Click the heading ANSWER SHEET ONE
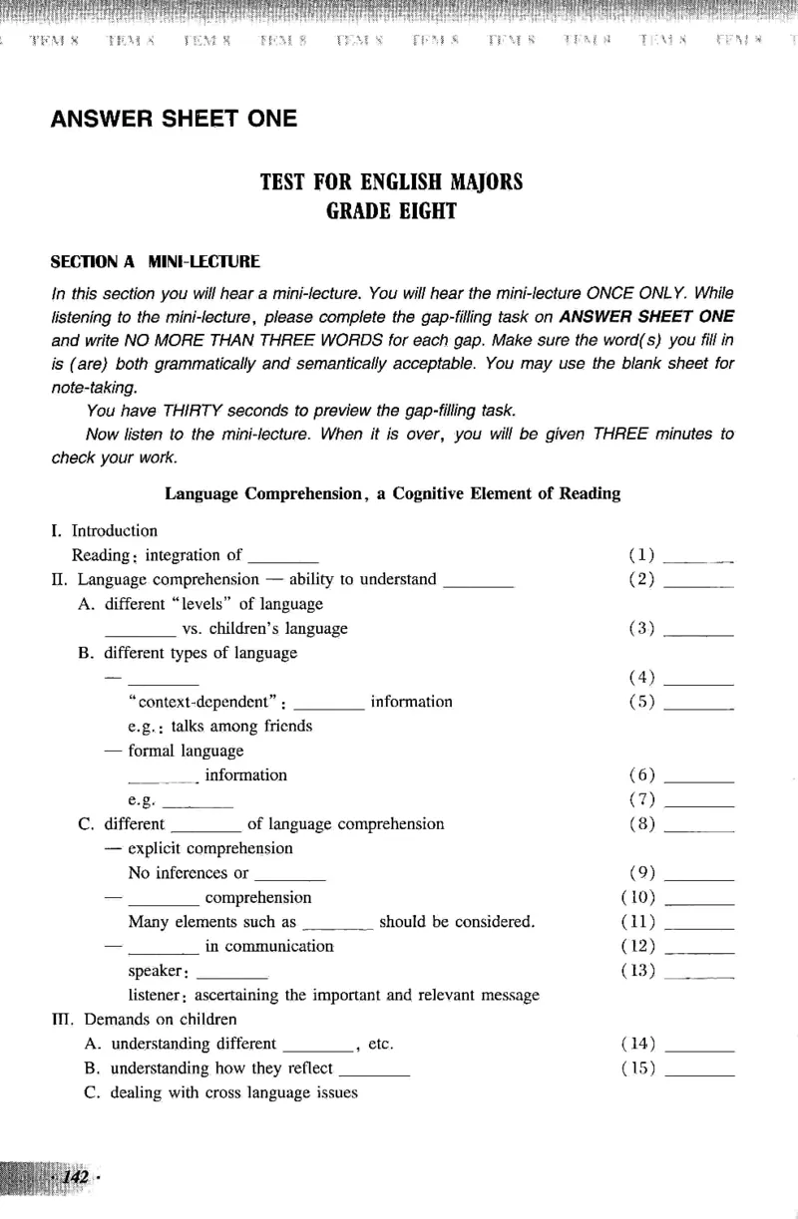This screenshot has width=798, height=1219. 174,119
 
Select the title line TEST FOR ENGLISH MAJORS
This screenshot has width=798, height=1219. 391,182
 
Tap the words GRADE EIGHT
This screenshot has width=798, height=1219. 391,210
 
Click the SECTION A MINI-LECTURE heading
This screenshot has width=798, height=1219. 155,262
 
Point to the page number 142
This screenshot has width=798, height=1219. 77,1177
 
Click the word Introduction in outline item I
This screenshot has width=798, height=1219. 115,531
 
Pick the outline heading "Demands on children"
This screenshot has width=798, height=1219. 161,1020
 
